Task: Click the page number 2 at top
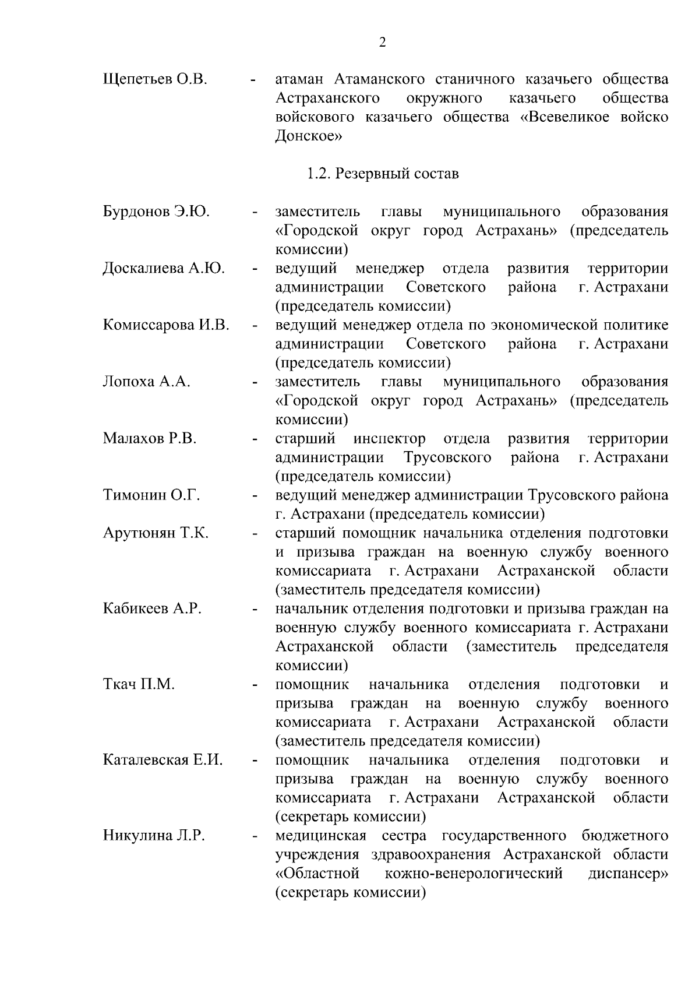[382, 42]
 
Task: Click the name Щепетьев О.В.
[154, 79]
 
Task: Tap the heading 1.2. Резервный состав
[383, 174]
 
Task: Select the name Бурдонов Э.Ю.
[156, 212]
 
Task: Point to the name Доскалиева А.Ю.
[164, 269]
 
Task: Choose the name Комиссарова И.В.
[166, 325]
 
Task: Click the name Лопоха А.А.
[147, 382]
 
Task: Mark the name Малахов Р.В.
[150, 439]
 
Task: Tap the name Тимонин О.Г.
[151, 496]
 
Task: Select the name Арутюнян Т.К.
[156, 533]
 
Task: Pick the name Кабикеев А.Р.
[152, 609]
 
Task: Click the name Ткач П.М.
[139, 685]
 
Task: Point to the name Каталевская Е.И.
[163, 761]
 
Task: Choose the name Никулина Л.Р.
[154, 836]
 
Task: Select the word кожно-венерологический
[474, 874]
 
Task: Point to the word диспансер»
[628, 874]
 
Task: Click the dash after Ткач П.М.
[255, 686]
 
